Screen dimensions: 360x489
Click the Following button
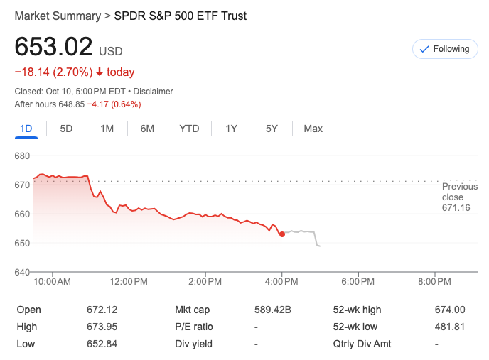(445, 49)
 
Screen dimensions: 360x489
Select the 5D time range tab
(66, 129)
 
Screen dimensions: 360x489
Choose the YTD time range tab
(189, 129)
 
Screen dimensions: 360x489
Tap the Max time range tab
(313, 129)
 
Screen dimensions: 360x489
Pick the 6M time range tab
(147, 129)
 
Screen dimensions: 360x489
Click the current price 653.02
(54, 47)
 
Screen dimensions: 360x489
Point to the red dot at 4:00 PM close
(282, 234)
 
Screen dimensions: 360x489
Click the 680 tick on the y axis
(22, 156)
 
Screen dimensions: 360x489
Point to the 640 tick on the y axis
(22, 272)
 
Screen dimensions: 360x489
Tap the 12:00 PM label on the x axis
(129, 282)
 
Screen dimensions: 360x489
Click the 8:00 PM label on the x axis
(434, 282)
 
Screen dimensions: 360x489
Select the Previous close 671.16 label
(456, 197)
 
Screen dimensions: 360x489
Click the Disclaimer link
(154, 92)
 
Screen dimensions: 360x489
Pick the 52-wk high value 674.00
(449, 310)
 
